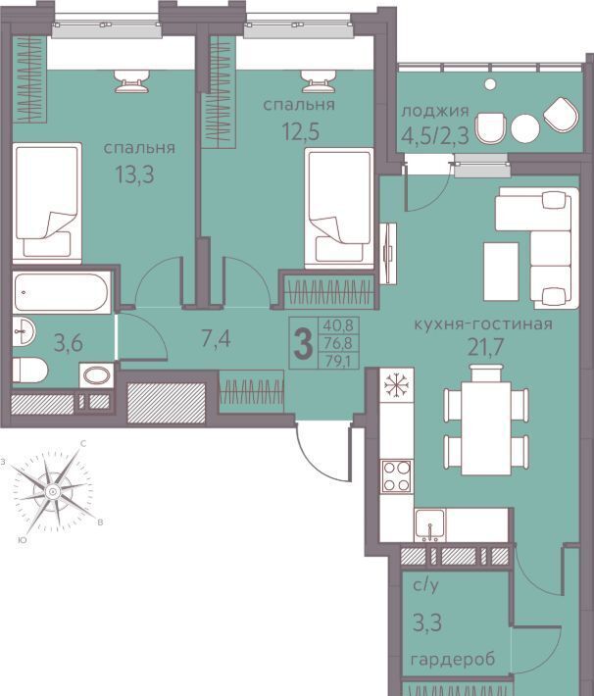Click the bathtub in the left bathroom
pyautogui.click(x=62, y=292)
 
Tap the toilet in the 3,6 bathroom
pyautogui.click(x=29, y=370)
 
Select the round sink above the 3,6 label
pyautogui.click(x=24, y=331)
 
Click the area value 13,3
pyautogui.click(x=134, y=174)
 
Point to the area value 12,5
pyautogui.click(x=301, y=131)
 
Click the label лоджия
pyautogui.click(x=434, y=111)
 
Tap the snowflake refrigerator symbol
pyautogui.click(x=396, y=384)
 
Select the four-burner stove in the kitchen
pyautogui.click(x=396, y=476)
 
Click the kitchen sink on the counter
pyautogui.click(x=429, y=525)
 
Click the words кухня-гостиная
pyautogui.click(x=483, y=324)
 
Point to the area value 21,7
pyautogui.click(x=485, y=347)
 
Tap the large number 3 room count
pyautogui.click(x=304, y=344)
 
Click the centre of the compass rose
pyautogui.click(x=53, y=491)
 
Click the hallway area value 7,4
pyautogui.click(x=216, y=339)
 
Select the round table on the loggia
pyautogui.click(x=525, y=128)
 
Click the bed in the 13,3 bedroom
pyautogui.click(x=47, y=203)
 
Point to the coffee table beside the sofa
pyautogui.click(x=501, y=272)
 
